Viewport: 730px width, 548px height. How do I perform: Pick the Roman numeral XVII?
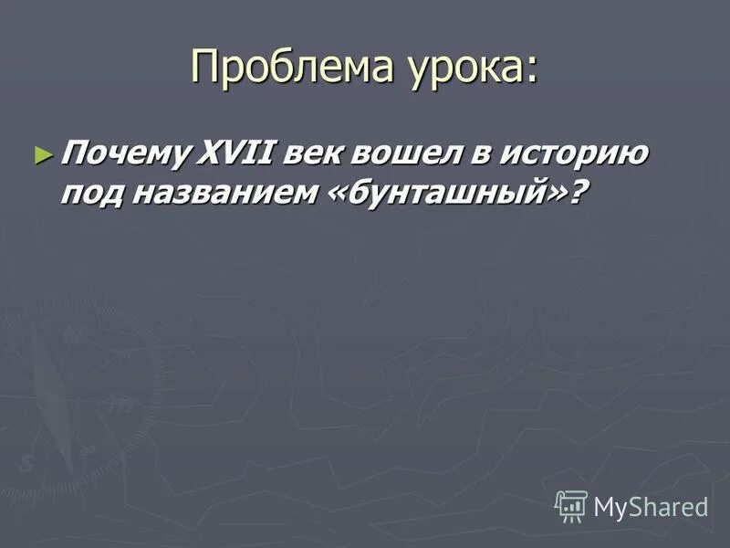coord(240,153)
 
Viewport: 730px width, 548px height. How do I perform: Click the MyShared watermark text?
coord(651,507)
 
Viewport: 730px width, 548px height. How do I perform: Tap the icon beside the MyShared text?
coord(571,505)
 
